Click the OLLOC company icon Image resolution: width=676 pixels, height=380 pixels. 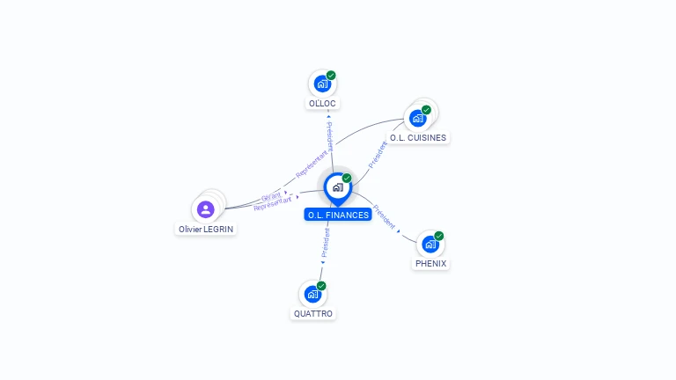point(322,84)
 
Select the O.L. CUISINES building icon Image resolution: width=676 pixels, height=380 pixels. point(418,118)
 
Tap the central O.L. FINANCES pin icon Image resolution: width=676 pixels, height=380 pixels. point(337,187)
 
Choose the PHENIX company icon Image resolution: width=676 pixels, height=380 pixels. point(430,244)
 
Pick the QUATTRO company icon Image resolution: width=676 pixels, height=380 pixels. point(312,294)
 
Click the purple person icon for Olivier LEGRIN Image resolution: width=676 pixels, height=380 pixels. point(206,209)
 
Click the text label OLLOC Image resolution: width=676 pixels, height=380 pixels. point(322,103)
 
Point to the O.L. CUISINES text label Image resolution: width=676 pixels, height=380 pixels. point(418,137)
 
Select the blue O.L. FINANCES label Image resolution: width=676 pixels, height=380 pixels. point(338,215)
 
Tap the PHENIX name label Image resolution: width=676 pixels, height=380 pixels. point(430,263)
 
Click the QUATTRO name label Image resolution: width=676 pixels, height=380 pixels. point(313,313)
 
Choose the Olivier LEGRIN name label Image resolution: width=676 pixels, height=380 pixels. point(207,229)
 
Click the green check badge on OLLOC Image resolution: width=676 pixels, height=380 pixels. point(331,76)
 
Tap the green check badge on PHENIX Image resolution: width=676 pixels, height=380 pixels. point(438,236)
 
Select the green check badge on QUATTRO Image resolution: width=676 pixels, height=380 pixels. point(321,286)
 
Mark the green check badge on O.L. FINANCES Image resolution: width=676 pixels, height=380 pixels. point(347,179)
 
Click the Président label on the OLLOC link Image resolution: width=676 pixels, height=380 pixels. point(329,135)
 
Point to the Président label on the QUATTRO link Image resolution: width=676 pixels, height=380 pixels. point(324,244)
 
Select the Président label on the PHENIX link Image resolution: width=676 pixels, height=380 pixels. point(385,217)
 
